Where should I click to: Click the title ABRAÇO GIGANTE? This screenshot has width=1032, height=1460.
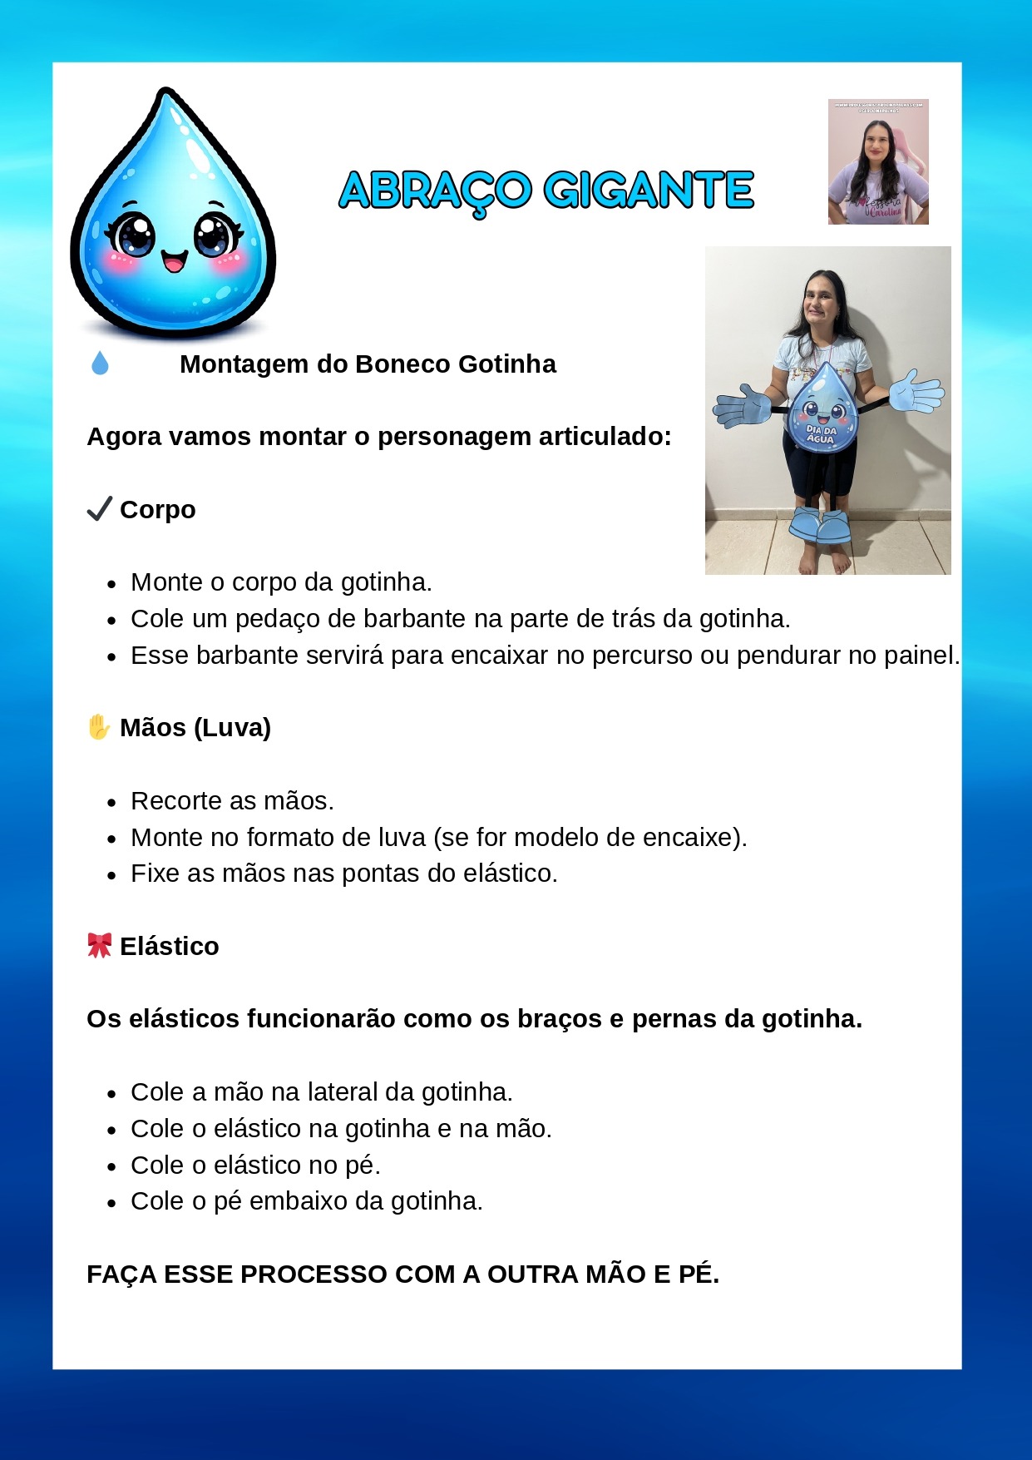tap(546, 191)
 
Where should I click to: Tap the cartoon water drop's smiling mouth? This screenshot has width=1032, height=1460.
tap(174, 261)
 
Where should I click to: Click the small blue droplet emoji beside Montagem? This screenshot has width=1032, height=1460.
tap(100, 364)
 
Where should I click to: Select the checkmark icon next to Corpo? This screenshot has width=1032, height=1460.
tap(100, 508)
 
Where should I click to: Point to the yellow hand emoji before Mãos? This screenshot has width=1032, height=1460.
tap(99, 726)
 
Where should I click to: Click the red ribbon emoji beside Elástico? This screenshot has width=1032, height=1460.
tap(100, 945)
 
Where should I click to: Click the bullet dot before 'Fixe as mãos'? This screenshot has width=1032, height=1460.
tap(111, 875)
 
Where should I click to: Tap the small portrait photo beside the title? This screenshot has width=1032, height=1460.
tap(878, 162)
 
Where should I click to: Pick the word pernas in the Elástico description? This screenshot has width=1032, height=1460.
tap(669, 1019)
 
